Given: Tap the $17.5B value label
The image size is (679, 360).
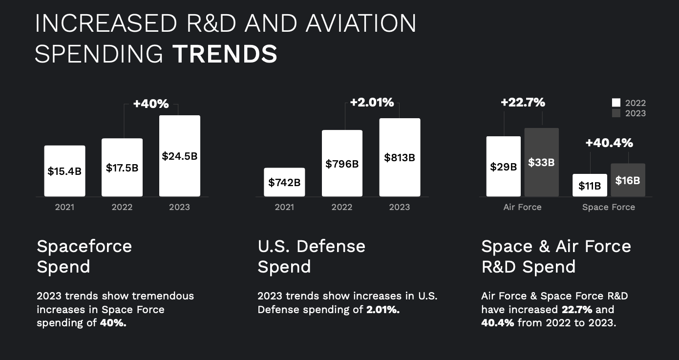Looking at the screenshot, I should pyautogui.click(x=122, y=168).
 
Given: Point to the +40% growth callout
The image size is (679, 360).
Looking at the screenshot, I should pyautogui.click(x=150, y=104).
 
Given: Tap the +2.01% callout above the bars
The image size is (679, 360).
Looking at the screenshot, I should pyautogui.click(x=372, y=103).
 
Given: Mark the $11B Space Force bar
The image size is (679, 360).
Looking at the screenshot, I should pyautogui.click(x=590, y=185).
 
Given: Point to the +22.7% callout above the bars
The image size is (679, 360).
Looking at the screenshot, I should pyautogui.click(x=523, y=103).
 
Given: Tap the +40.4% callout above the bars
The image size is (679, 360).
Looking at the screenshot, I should pyautogui.click(x=609, y=143).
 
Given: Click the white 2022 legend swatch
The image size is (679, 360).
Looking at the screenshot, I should pyautogui.click(x=616, y=103).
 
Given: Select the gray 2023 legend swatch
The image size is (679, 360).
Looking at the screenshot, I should pyautogui.click(x=616, y=113).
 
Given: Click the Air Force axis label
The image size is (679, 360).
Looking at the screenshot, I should pyautogui.click(x=522, y=207).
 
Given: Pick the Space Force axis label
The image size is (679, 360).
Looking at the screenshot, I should pyautogui.click(x=609, y=207).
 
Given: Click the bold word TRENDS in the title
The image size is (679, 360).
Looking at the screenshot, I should pyautogui.click(x=225, y=54).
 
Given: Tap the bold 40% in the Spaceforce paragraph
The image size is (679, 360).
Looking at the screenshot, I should pyautogui.click(x=113, y=323).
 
